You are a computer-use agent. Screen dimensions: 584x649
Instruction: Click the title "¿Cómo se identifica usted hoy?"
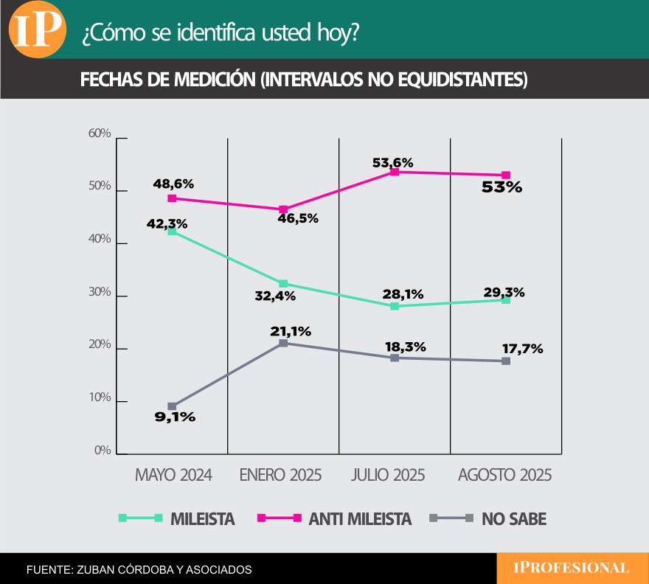click(221, 34)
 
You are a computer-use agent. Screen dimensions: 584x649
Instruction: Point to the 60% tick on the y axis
click(100, 134)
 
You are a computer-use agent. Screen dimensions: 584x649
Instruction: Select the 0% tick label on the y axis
click(102, 451)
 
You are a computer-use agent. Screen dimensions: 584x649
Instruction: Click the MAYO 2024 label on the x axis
click(173, 475)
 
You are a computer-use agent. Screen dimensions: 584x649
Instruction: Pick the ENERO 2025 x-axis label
click(281, 475)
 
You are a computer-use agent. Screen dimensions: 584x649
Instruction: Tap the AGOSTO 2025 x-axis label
click(504, 475)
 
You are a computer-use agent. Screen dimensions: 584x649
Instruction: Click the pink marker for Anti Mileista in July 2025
click(395, 172)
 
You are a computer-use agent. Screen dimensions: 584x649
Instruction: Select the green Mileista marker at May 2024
click(172, 232)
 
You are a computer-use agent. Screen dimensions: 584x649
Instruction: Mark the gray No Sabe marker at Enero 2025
click(283, 343)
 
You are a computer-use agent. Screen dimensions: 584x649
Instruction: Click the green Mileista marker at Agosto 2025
click(506, 300)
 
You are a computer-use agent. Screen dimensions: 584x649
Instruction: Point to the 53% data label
click(502, 187)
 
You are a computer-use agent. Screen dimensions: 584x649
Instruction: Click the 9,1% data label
click(175, 417)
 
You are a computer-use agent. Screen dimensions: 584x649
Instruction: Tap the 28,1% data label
click(403, 294)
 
